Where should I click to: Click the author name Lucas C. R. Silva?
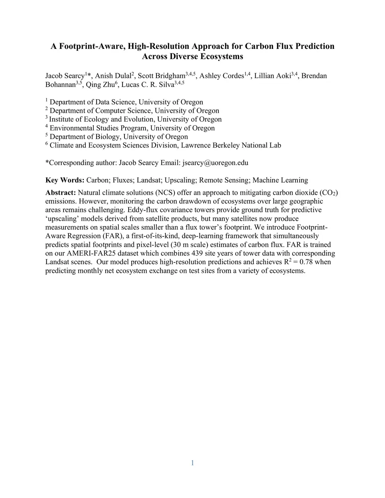(x=148, y=85)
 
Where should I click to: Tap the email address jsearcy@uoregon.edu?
(x=215, y=163)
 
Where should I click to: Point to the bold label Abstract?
(x=61, y=193)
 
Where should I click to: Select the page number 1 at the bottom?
(x=192, y=463)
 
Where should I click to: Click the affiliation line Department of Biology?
(x=118, y=137)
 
